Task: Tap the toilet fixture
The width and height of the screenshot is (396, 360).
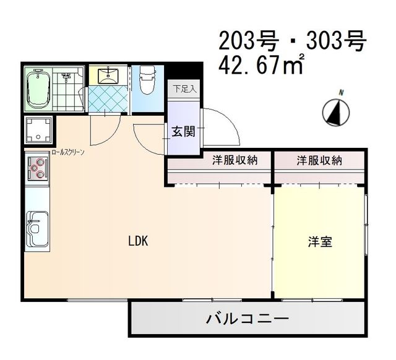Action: pyautogui.click(x=147, y=80)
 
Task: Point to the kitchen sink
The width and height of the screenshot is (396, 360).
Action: pyautogui.click(x=37, y=228)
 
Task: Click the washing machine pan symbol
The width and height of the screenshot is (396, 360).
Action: pyautogui.click(x=39, y=129)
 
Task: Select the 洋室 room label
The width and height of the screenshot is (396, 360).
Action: pyautogui.click(x=320, y=242)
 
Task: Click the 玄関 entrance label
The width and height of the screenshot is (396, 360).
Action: pyautogui.click(x=184, y=131)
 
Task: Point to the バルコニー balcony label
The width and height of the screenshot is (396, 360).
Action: pyautogui.click(x=247, y=320)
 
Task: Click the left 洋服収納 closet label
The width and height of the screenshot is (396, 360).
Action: pyautogui.click(x=235, y=160)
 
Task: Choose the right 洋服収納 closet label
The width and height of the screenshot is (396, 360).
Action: pyautogui.click(x=319, y=160)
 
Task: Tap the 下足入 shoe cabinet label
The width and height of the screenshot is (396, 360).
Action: pyautogui.click(x=184, y=88)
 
